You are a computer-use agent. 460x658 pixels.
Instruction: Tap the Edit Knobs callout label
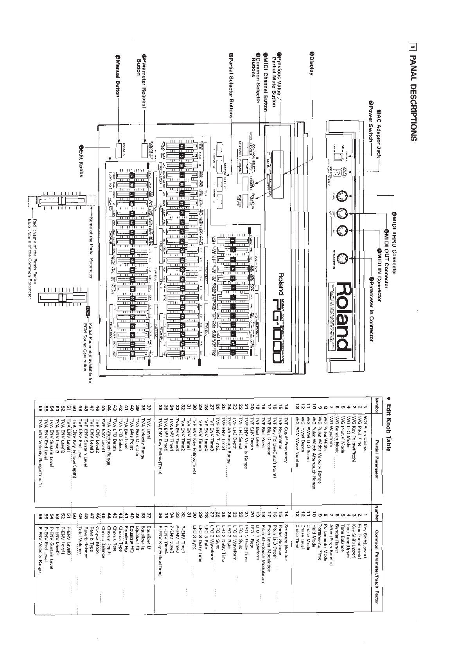82,161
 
